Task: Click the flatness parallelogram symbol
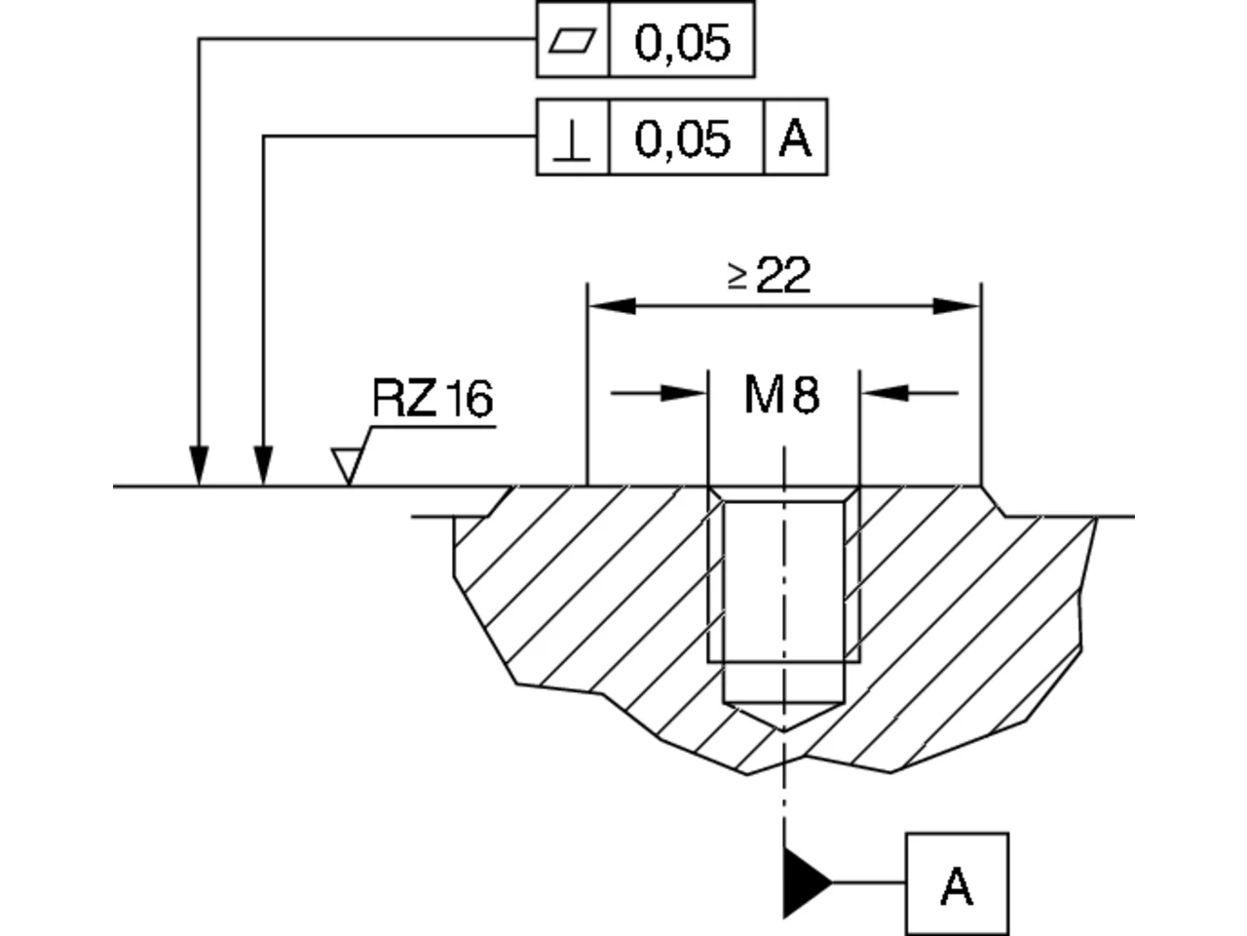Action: pyautogui.click(x=572, y=40)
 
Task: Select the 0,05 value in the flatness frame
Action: pyautogui.click(x=682, y=43)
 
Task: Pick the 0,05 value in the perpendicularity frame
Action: pyautogui.click(x=682, y=139)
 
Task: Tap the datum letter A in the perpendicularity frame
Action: pyautogui.click(x=795, y=138)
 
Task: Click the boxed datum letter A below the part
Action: pyautogui.click(x=957, y=886)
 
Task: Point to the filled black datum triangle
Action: pyautogui.click(x=804, y=882)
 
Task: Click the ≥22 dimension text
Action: pyautogui.click(x=770, y=276)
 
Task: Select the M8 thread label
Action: pyautogui.click(x=781, y=395)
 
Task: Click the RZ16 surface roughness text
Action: pyautogui.click(x=433, y=399)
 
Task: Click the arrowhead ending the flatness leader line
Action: pyautogui.click(x=199, y=466)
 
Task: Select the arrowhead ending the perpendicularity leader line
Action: pyautogui.click(x=263, y=466)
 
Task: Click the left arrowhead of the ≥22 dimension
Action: pyautogui.click(x=613, y=306)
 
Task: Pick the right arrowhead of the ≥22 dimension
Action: pyautogui.click(x=956, y=306)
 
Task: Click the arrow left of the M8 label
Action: pyautogui.click(x=659, y=393)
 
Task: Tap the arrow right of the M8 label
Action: pyautogui.click(x=908, y=393)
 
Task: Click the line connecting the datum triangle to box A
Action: pyautogui.click(x=869, y=882)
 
